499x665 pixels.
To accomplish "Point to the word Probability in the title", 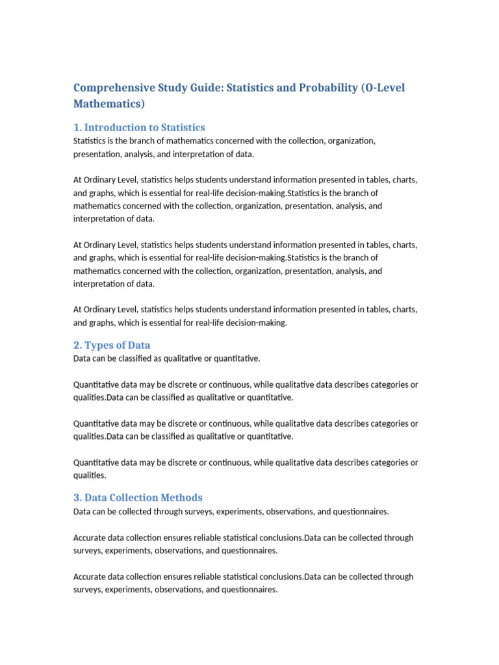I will pos(323,88).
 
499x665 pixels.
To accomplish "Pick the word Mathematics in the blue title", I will pos(109,104).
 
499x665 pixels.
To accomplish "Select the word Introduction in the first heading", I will pos(118,127).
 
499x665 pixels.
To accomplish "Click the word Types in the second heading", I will pos(99,345).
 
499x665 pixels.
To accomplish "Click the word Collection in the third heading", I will pos(137,497).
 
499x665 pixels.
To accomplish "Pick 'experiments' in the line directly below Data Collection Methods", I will pos(238,512).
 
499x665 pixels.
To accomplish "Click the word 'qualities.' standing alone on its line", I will pos(89,475).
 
